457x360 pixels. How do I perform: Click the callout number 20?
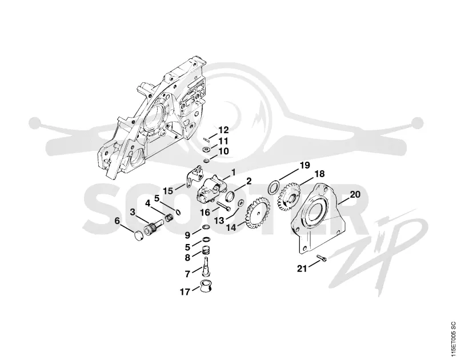coord(355,194)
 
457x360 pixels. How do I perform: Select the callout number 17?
coord(185,292)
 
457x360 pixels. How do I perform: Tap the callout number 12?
coord(223,130)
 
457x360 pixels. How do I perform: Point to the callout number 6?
coord(117,221)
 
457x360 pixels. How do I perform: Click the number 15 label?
coord(168,191)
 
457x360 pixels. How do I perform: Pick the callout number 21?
coord(302,268)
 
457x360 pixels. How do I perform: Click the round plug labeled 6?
coord(138,235)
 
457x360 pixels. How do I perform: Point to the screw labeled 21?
coord(321,258)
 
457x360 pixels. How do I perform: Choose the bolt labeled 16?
coord(223,206)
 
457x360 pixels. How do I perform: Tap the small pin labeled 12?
coord(206,139)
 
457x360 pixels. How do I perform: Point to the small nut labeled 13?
coord(241,203)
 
